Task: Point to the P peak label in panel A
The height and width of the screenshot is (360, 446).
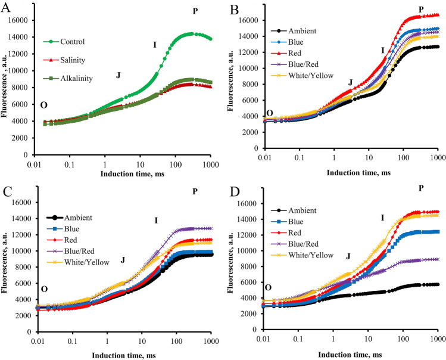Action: pos(195,11)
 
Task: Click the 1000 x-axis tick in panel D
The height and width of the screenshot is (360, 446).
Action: pos(438,342)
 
